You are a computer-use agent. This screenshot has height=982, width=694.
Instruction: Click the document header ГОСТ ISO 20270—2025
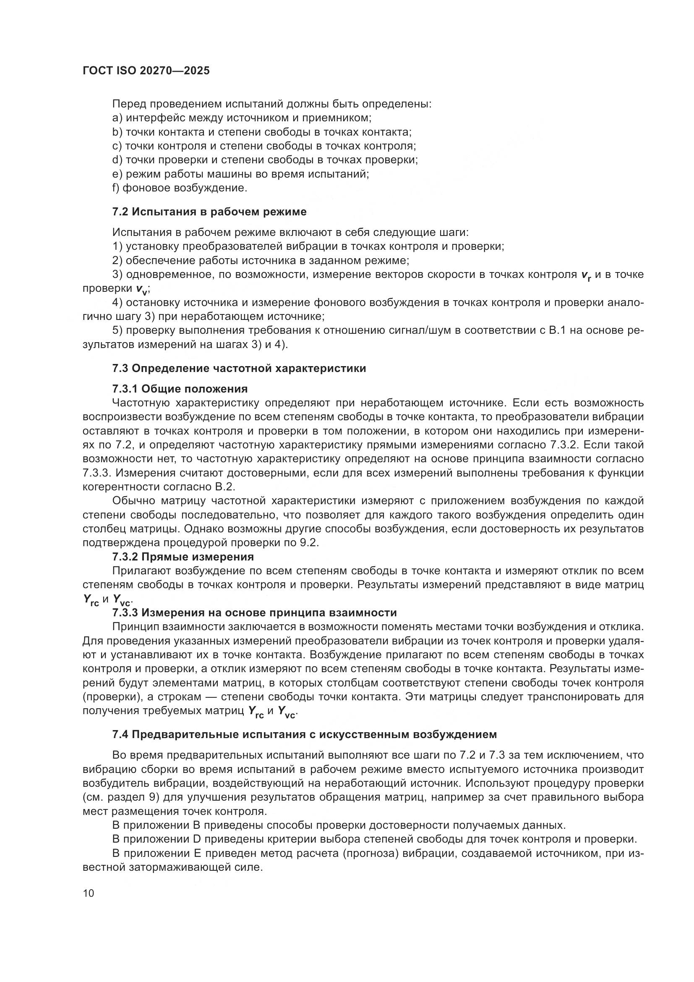click(x=146, y=71)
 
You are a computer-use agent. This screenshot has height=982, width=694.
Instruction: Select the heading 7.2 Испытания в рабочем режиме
click(x=209, y=212)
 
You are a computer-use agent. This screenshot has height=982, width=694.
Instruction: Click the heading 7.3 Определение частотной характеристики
click(x=239, y=368)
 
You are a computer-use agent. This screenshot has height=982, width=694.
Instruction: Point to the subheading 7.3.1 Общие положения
click(x=180, y=389)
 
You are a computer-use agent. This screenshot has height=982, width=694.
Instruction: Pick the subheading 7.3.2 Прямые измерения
click(x=183, y=557)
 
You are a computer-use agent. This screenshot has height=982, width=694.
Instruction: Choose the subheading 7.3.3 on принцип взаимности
click(x=254, y=613)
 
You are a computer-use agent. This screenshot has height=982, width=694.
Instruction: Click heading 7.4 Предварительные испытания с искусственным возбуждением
click(x=304, y=734)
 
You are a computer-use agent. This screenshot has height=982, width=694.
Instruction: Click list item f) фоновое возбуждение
click(x=180, y=188)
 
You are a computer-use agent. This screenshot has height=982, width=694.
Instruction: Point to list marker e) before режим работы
click(x=117, y=174)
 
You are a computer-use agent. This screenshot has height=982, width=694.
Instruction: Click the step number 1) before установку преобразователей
click(x=117, y=247)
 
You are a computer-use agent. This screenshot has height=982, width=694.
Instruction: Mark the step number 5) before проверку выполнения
click(x=117, y=330)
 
